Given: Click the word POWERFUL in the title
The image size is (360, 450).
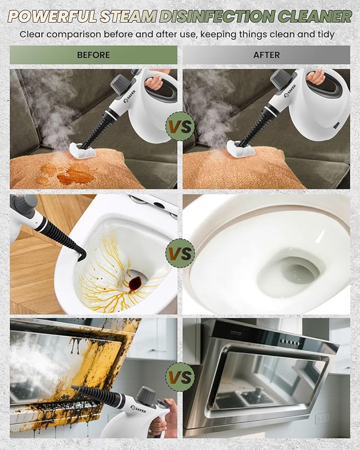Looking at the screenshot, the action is click(x=53, y=16).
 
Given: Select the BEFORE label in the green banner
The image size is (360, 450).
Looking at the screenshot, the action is click(x=93, y=55).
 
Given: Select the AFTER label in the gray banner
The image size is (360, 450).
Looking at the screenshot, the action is click(x=266, y=55).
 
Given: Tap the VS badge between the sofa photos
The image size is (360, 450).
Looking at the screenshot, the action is click(x=180, y=126).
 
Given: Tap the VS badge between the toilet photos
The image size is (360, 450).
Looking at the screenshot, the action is click(x=180, y=253).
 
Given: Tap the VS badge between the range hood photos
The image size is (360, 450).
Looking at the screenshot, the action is click(x=180, y=376).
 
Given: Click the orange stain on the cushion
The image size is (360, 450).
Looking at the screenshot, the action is click(x=69, y=173).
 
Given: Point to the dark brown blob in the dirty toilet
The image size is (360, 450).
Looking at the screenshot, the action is click(x=135, y=283).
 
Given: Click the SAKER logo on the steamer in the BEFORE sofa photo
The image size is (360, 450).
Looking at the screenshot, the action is click(x=130, y=96).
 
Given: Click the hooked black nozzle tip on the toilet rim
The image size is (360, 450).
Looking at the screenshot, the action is click(x=81, y=254).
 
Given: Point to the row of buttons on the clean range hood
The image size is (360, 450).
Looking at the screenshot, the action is click(x=291, y=342).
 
